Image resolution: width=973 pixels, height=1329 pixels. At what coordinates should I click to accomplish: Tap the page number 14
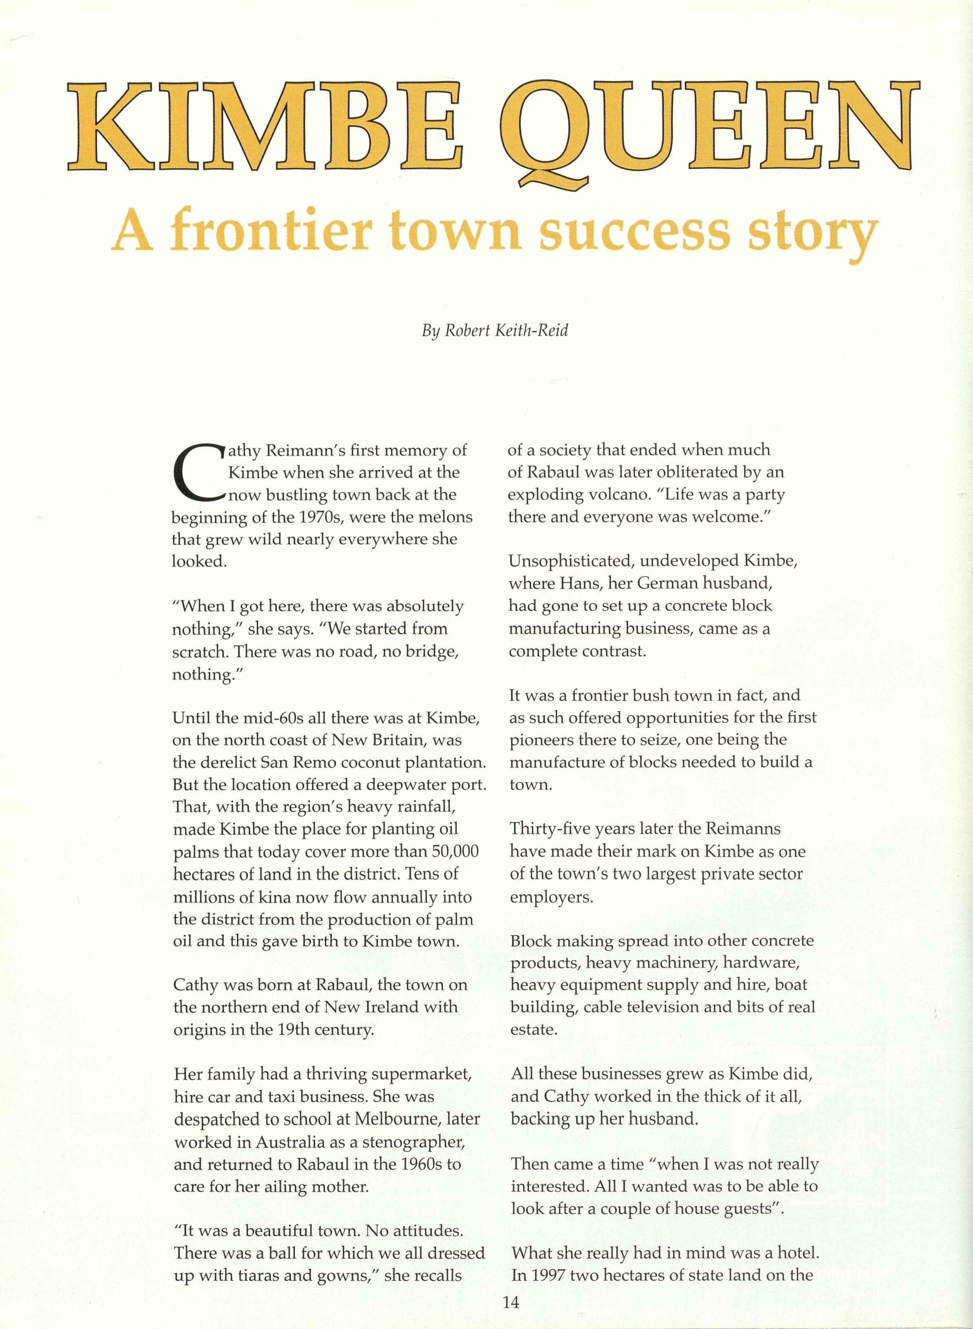511,1302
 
